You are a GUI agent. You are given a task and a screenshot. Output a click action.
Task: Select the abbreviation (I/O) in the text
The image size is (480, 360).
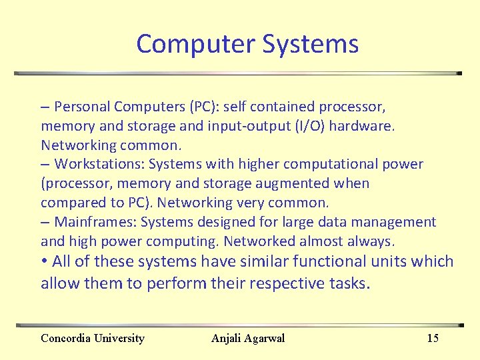(x=313, y=126)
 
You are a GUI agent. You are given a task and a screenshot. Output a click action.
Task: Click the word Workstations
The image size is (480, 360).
(x=99, y=164)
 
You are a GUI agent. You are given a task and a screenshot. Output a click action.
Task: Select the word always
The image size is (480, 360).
(x=374, y=241)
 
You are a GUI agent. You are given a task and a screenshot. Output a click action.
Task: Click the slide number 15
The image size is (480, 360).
(x=433, y=338)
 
